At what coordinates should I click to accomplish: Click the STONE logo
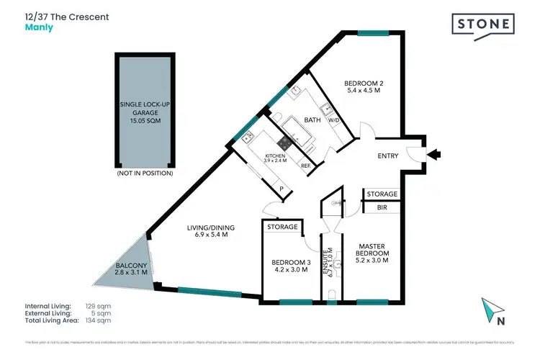tap(483, 24)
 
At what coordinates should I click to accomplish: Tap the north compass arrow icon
tap(492, 310)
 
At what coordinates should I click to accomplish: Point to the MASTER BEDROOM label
tap(372, 250)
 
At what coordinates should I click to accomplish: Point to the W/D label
tap(334, 120)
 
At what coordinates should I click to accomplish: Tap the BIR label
tap(381, 207)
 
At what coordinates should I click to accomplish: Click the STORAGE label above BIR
tap(381, 194)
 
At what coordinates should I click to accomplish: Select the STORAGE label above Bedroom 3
tap(282, 228)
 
